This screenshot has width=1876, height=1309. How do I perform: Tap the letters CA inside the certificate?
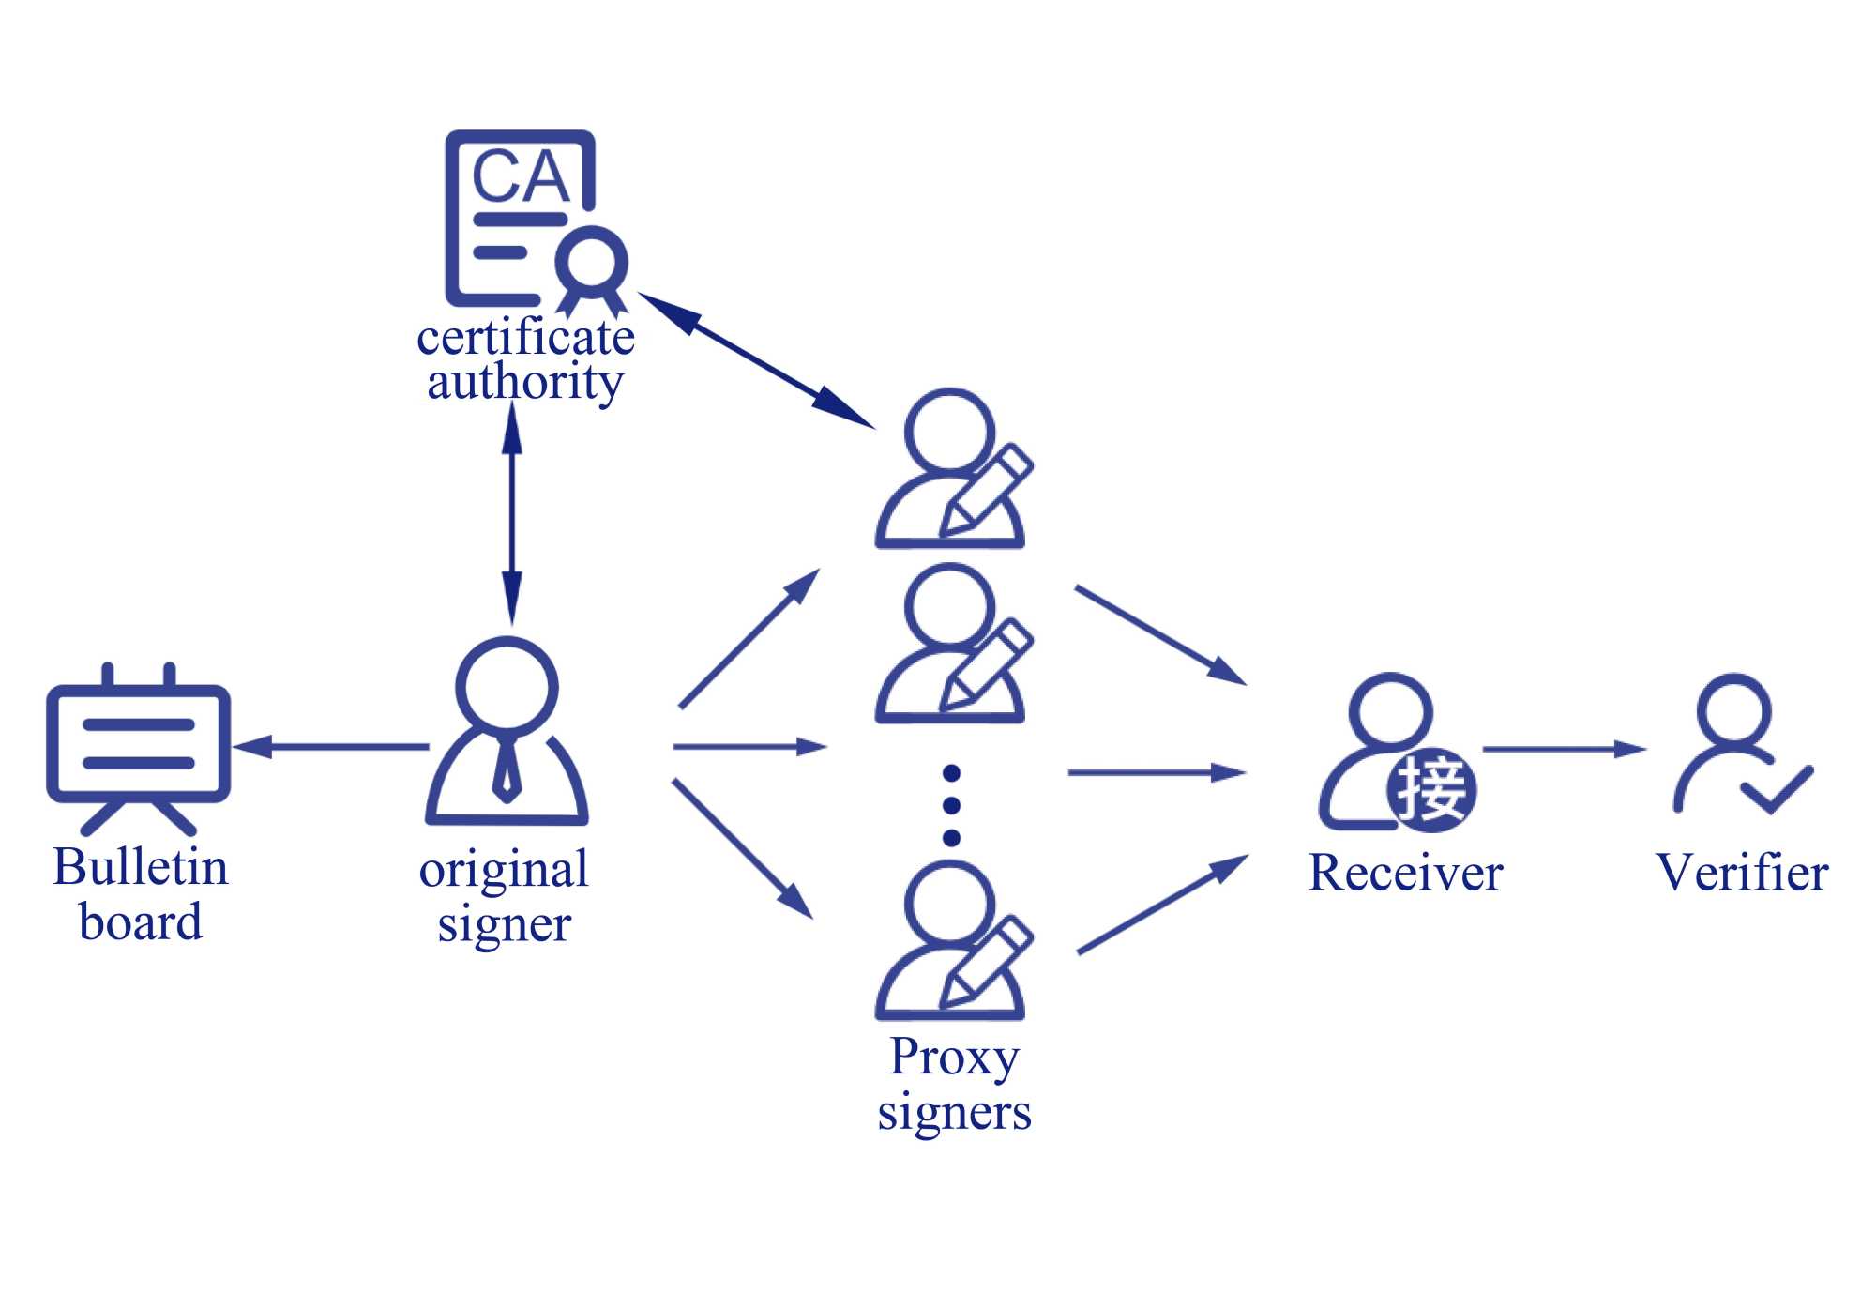[x=521, y=176]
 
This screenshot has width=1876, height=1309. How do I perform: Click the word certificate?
[x=525, y=338]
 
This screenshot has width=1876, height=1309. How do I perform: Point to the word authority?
[x=525, y=382]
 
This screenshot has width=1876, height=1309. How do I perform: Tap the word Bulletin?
[x=141, y=867]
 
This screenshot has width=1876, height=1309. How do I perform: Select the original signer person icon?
[x=507, y=732]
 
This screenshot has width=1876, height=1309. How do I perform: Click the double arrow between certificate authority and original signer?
[x=512, y=514]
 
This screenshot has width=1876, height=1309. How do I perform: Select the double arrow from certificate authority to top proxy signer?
[x=756, y=360]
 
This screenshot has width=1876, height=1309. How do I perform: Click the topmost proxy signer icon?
[x=950, y=469]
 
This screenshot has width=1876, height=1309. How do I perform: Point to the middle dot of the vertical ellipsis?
[x=951, y=805]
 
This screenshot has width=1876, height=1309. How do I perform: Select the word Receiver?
[x=1405, y=874]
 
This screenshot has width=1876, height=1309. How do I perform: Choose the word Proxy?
[x=954, y=1058]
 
